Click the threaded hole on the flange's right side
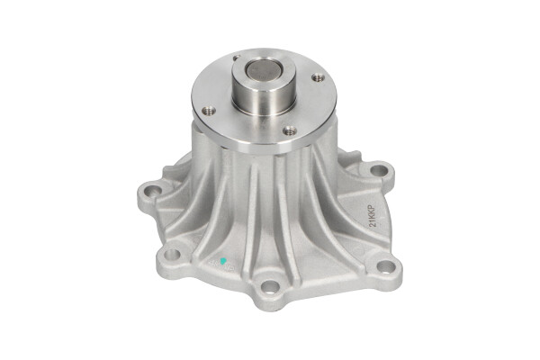pyautogui.click(x=317, y=78)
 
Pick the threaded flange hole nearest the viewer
pyautogui.click(x=289, y=130)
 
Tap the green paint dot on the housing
pyautogui.click(x=223, y=262)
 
